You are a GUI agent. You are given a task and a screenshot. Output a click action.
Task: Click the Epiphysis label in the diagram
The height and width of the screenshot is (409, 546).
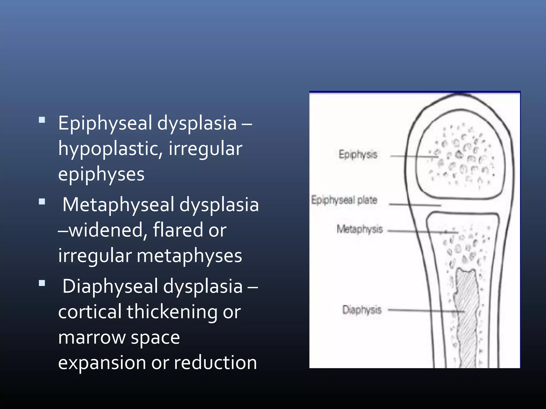coord(358,155)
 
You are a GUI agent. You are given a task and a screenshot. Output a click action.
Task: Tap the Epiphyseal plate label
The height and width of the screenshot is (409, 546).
coord(344,200)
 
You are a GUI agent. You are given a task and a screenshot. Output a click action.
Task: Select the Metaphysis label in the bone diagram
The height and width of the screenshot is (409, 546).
coord(359,229)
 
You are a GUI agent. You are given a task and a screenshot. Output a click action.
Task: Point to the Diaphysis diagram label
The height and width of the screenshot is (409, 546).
coord(362,310)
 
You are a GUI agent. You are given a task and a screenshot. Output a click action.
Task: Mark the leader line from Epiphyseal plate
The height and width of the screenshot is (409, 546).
coord(415,205)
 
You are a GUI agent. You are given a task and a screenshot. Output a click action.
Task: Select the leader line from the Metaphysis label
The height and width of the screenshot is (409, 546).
coord(421,232)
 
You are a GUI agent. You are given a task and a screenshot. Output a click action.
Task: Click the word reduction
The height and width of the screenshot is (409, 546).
coord(215,362)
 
